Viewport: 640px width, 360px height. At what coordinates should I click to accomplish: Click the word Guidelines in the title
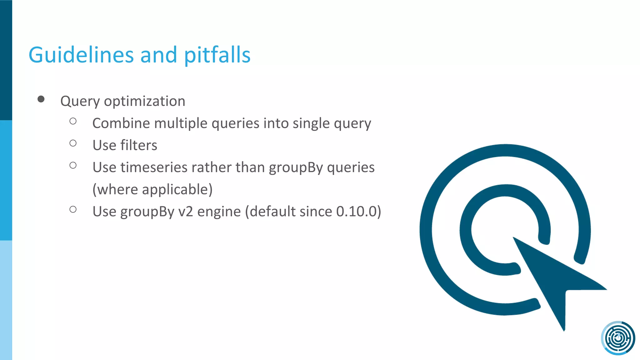81,55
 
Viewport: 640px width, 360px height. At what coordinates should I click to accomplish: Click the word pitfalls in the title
217,55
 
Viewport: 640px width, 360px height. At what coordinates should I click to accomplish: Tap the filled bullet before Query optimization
41,99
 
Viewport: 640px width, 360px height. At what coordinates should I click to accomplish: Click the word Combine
121,123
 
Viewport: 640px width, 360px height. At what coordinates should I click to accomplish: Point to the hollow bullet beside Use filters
73,143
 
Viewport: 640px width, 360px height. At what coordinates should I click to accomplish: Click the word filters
139,145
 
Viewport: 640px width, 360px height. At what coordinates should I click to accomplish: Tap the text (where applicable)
152,189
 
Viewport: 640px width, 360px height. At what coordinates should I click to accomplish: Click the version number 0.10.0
356,212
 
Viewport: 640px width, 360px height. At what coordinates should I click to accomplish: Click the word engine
219,212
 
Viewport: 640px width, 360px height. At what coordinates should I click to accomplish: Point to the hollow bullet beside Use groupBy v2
73,210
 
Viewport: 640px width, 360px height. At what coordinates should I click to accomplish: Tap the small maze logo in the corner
618,338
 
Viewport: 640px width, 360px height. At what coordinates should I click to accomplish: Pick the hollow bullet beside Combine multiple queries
73,121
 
